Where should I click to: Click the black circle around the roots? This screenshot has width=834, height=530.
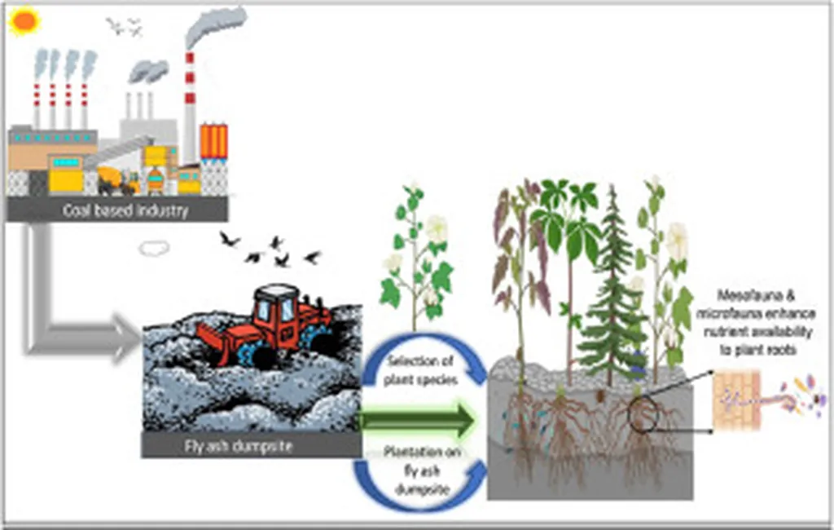click(645, 413)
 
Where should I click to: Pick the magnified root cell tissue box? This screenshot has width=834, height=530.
click(736, 400)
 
